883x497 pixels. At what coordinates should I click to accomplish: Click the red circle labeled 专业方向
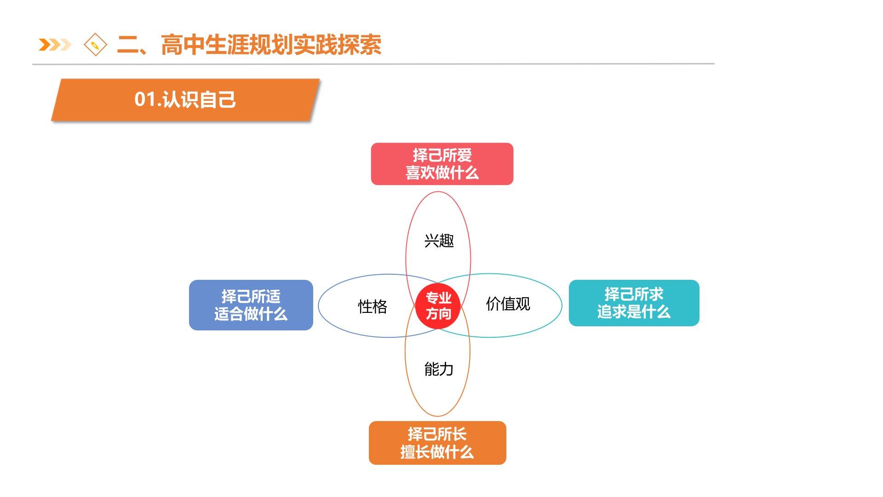tap(438, 306)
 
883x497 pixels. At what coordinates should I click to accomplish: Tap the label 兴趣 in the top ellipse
tap(439, 241)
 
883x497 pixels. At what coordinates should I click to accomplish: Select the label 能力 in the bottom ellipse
tap(439, 369)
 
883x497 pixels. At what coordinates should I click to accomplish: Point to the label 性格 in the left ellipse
tap(373, 306)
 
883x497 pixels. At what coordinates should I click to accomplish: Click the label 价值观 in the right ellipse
tap(508, 304)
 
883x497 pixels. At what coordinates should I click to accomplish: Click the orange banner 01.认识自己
tap(185, 100)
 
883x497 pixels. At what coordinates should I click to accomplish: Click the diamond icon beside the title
tap(95, 45)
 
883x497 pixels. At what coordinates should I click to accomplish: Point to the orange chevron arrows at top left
tap(55, 45)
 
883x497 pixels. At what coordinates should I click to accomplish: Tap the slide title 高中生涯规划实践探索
tap(271, 45)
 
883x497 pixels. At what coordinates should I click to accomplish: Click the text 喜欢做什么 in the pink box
tap(442, 173)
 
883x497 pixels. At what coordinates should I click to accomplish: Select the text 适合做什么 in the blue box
tap(251, 314)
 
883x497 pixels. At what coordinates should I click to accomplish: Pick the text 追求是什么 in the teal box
tap(634, 312)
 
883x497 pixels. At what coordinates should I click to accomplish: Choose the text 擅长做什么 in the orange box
tap(437, 452)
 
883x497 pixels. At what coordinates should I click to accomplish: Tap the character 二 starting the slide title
tap(128, 45)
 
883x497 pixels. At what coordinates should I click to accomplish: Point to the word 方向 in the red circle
tap(438, 314)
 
